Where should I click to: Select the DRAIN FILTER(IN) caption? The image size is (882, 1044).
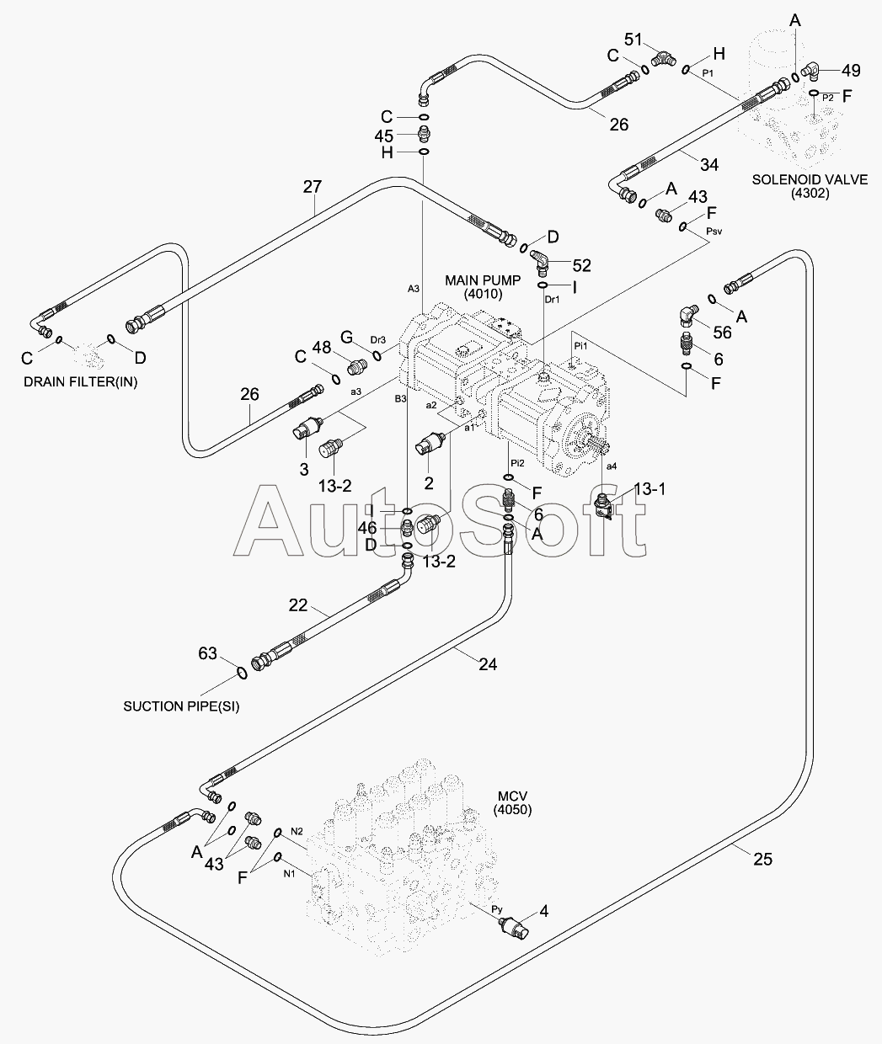pos(80,381)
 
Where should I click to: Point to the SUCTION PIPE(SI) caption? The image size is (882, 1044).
pos(181,706)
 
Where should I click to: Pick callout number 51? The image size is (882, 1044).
pos(633,40)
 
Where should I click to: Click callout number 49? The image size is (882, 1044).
pos(851,71)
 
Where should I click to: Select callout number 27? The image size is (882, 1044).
pos(312,186)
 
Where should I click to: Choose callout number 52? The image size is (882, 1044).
pos(580,265)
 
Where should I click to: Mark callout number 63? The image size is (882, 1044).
pos(207,653)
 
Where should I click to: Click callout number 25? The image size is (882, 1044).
pos(762,860)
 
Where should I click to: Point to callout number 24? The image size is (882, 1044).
pos(487,664)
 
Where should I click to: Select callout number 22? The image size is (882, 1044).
pos(298,605)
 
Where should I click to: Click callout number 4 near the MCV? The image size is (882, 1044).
pos(543,910)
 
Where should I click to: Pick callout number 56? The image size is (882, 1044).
pos(721,333)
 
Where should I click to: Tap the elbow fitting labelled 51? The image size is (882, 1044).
pos(666,59)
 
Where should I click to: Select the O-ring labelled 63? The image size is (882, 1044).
pos(241,671)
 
